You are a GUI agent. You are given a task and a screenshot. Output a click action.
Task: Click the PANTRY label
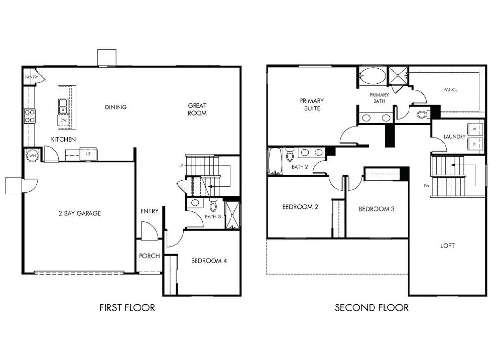32,77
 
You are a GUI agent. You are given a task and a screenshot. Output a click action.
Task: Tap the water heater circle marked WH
33,156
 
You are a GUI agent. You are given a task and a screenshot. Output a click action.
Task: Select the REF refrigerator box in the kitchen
88,154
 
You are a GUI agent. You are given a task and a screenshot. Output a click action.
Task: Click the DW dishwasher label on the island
64,120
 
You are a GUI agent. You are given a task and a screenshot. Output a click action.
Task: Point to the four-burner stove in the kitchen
30,116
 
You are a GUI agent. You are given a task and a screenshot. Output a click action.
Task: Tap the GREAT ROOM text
197,109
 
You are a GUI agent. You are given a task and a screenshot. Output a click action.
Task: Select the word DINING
116,107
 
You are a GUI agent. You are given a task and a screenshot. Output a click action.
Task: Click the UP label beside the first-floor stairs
180,166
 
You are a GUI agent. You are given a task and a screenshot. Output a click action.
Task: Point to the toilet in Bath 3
213,204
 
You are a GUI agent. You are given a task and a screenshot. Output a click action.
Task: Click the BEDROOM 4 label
209,261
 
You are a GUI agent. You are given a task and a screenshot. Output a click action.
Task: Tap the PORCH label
149,256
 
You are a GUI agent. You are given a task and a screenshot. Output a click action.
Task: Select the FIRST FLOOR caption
127,307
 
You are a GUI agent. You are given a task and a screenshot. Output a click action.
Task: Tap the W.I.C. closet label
450,90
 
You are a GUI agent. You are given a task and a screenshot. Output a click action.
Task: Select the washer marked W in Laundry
475,128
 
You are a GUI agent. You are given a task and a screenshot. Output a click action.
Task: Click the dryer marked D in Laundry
475,144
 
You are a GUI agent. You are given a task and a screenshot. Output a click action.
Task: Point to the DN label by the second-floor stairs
427,186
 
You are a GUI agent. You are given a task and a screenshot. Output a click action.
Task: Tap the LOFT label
447,246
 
